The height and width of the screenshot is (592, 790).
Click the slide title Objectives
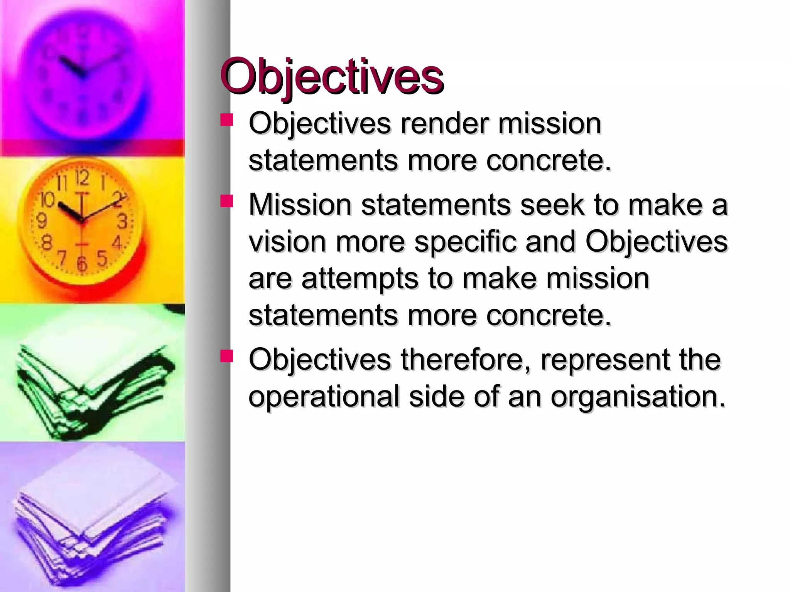pos(332,77)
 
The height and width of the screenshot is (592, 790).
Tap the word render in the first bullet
pos(444,124)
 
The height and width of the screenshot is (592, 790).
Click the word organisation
pos(638,397)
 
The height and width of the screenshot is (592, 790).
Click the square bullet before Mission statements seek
pos(227,201)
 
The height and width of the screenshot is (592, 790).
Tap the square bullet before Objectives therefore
pos(227,356)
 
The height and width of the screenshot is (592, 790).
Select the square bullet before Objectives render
pos(227,120)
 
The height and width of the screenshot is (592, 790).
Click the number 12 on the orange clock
pos(82,178)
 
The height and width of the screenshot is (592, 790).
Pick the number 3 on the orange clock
pos(123,222)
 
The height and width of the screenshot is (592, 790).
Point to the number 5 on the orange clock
pos(102,258)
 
